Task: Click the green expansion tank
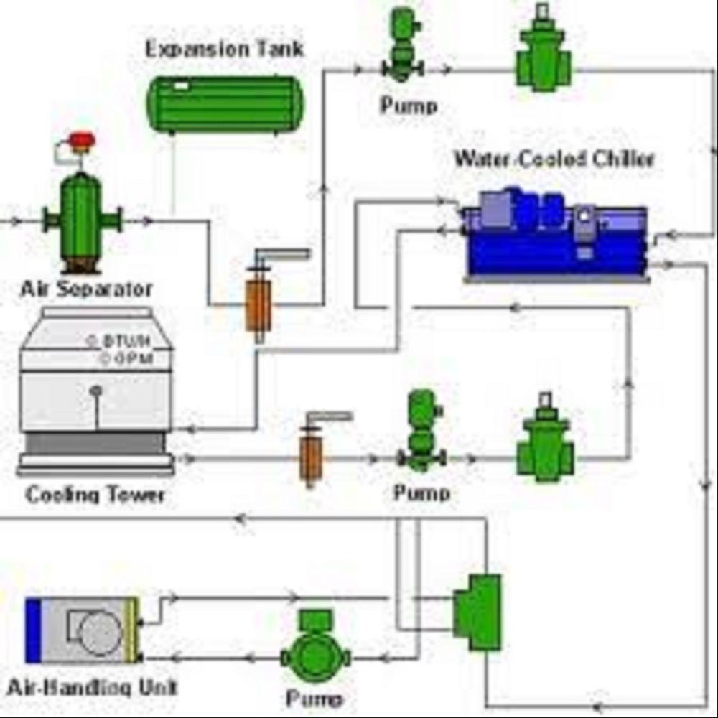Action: click(x=225, y=104)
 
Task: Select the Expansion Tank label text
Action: click(x=225, y=50)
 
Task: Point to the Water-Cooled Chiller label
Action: click(x=554, y=159)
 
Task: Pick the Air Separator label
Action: click(x=86, y=289)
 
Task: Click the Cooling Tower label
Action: click(x=95, y=495)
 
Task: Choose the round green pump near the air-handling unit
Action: click(x=314, y=655)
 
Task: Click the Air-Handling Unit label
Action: click(x=91, y=687)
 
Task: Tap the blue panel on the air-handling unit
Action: click(x=33, y=630)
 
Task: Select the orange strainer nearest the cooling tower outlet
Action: click(x=311, y=454)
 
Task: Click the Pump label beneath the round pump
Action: click(x=314, y=698)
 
